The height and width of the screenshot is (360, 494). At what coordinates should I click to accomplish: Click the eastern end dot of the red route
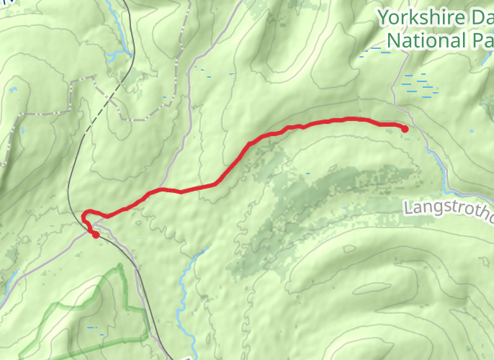pyautogui.click(x=405, y=129)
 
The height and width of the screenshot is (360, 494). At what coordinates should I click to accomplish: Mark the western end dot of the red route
pyautogui.click(x=95, y=234)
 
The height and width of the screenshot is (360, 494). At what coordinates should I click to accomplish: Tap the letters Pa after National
pyautogui.click(x=483, y=41)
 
